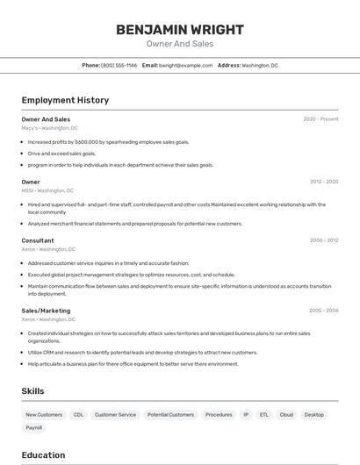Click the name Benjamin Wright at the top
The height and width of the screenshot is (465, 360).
[179, 29]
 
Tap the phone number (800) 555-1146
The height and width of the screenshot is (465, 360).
[119, 65]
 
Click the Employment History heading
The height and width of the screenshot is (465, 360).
[65, 100]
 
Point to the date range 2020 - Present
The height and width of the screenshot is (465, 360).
[320, 119]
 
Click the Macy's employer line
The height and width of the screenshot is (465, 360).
[49, 128]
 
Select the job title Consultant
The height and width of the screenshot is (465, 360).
[38, 240]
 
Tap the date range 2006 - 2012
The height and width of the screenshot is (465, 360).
[323, 240]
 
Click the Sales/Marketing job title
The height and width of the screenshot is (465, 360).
[46, 311]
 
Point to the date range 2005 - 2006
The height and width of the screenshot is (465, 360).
[323, 311]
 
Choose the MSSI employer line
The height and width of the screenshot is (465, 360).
[47, 190]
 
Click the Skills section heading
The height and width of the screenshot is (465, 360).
[32, 391]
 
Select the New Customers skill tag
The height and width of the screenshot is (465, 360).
[44, 414]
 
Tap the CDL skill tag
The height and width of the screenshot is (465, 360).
[79, 414]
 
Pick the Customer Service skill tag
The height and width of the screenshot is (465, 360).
[115, 414]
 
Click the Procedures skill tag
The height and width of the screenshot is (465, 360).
[219, 414]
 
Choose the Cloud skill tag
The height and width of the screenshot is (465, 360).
[286, 414]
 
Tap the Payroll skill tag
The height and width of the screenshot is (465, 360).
[33, 428]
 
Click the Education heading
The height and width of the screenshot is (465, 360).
[43, 454]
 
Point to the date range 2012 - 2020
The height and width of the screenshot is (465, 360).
[323, 182]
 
